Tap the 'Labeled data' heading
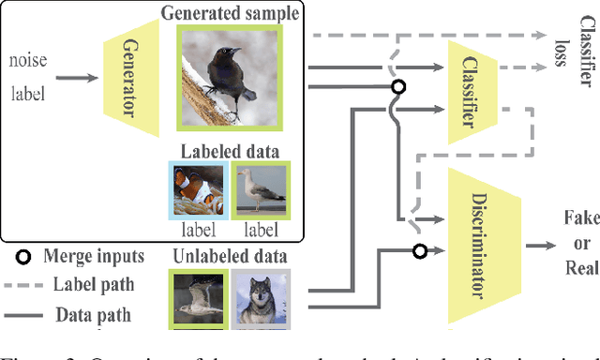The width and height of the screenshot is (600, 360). [230, 150]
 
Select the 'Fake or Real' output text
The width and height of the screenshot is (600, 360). [579, 243]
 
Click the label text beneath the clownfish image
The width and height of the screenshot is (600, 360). [198, 229]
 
